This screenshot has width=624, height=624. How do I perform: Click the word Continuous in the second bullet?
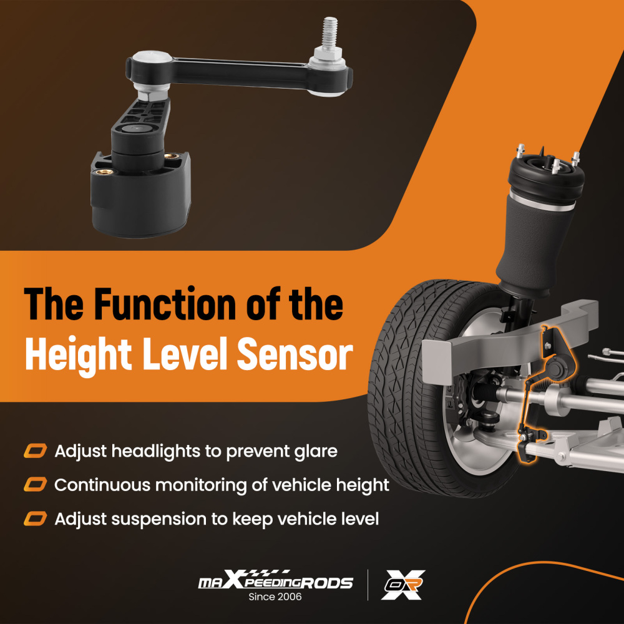pyautogui.click(x=98, y=485)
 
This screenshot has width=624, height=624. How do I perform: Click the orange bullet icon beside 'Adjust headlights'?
pyautogui.click(x=35, y=451)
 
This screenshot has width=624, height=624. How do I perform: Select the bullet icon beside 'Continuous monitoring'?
pyautogui.click(x=35, y=485)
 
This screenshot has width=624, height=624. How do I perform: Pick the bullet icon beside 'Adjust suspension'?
pyautogui.click(x=35, y=519)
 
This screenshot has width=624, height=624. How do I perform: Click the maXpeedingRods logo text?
pyautogui.click(x=275, y=582)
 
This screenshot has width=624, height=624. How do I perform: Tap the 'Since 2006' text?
pyautogui.click(x=275, y=597)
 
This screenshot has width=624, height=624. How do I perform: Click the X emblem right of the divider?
pyautogui.click(x=403, y=585)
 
